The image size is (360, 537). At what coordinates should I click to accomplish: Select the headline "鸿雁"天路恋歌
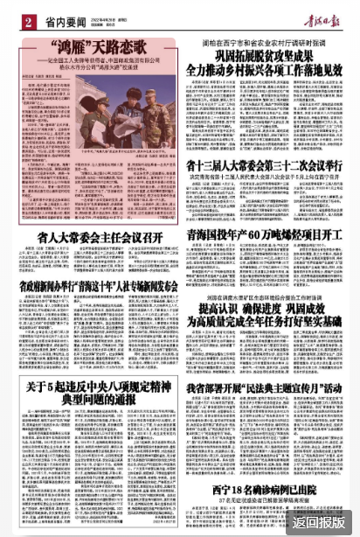pyautogui.click(x=96, y=45)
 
